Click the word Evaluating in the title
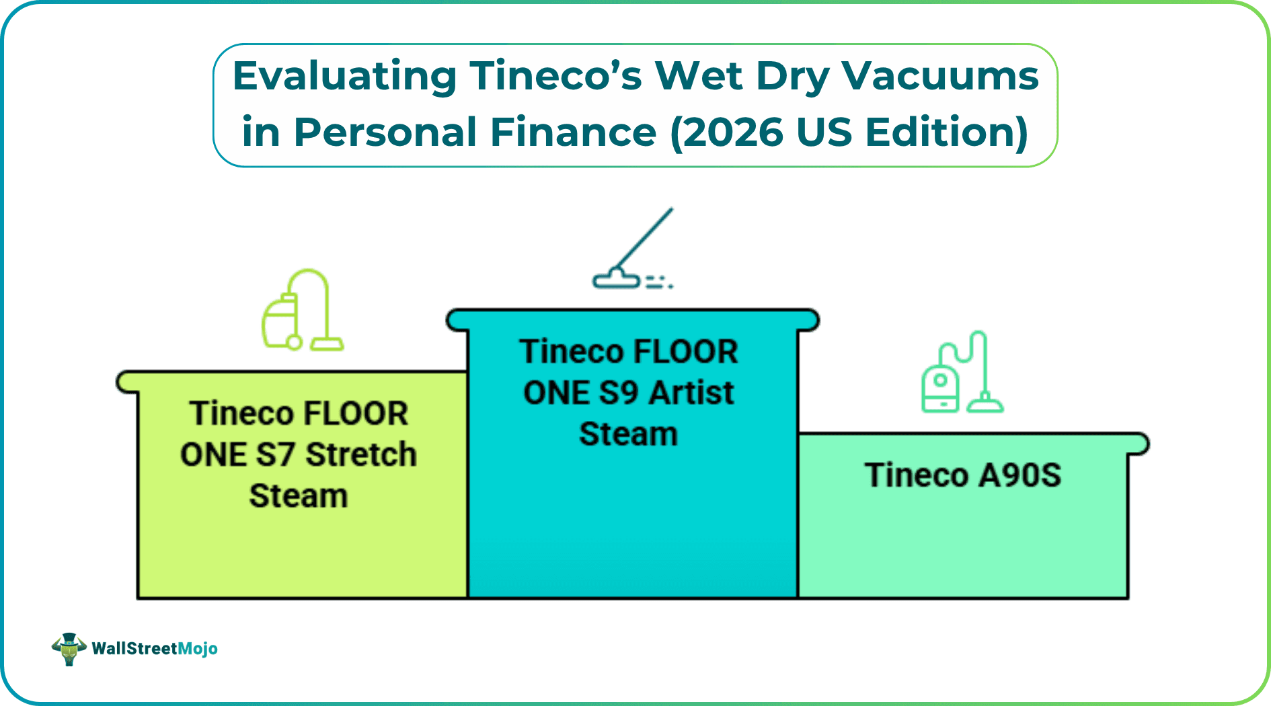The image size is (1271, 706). coord(345,76)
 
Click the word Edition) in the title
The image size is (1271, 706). coord(947,132)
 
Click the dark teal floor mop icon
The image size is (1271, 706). coord(633,248)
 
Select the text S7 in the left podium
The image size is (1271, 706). coord(276,455)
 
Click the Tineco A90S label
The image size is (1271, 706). coord(963,475)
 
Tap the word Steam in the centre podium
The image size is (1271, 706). coord(629,434)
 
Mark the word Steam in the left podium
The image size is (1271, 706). coord(299,496)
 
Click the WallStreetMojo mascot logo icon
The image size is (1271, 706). coord(69,649)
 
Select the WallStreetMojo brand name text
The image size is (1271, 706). coord(155,649)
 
